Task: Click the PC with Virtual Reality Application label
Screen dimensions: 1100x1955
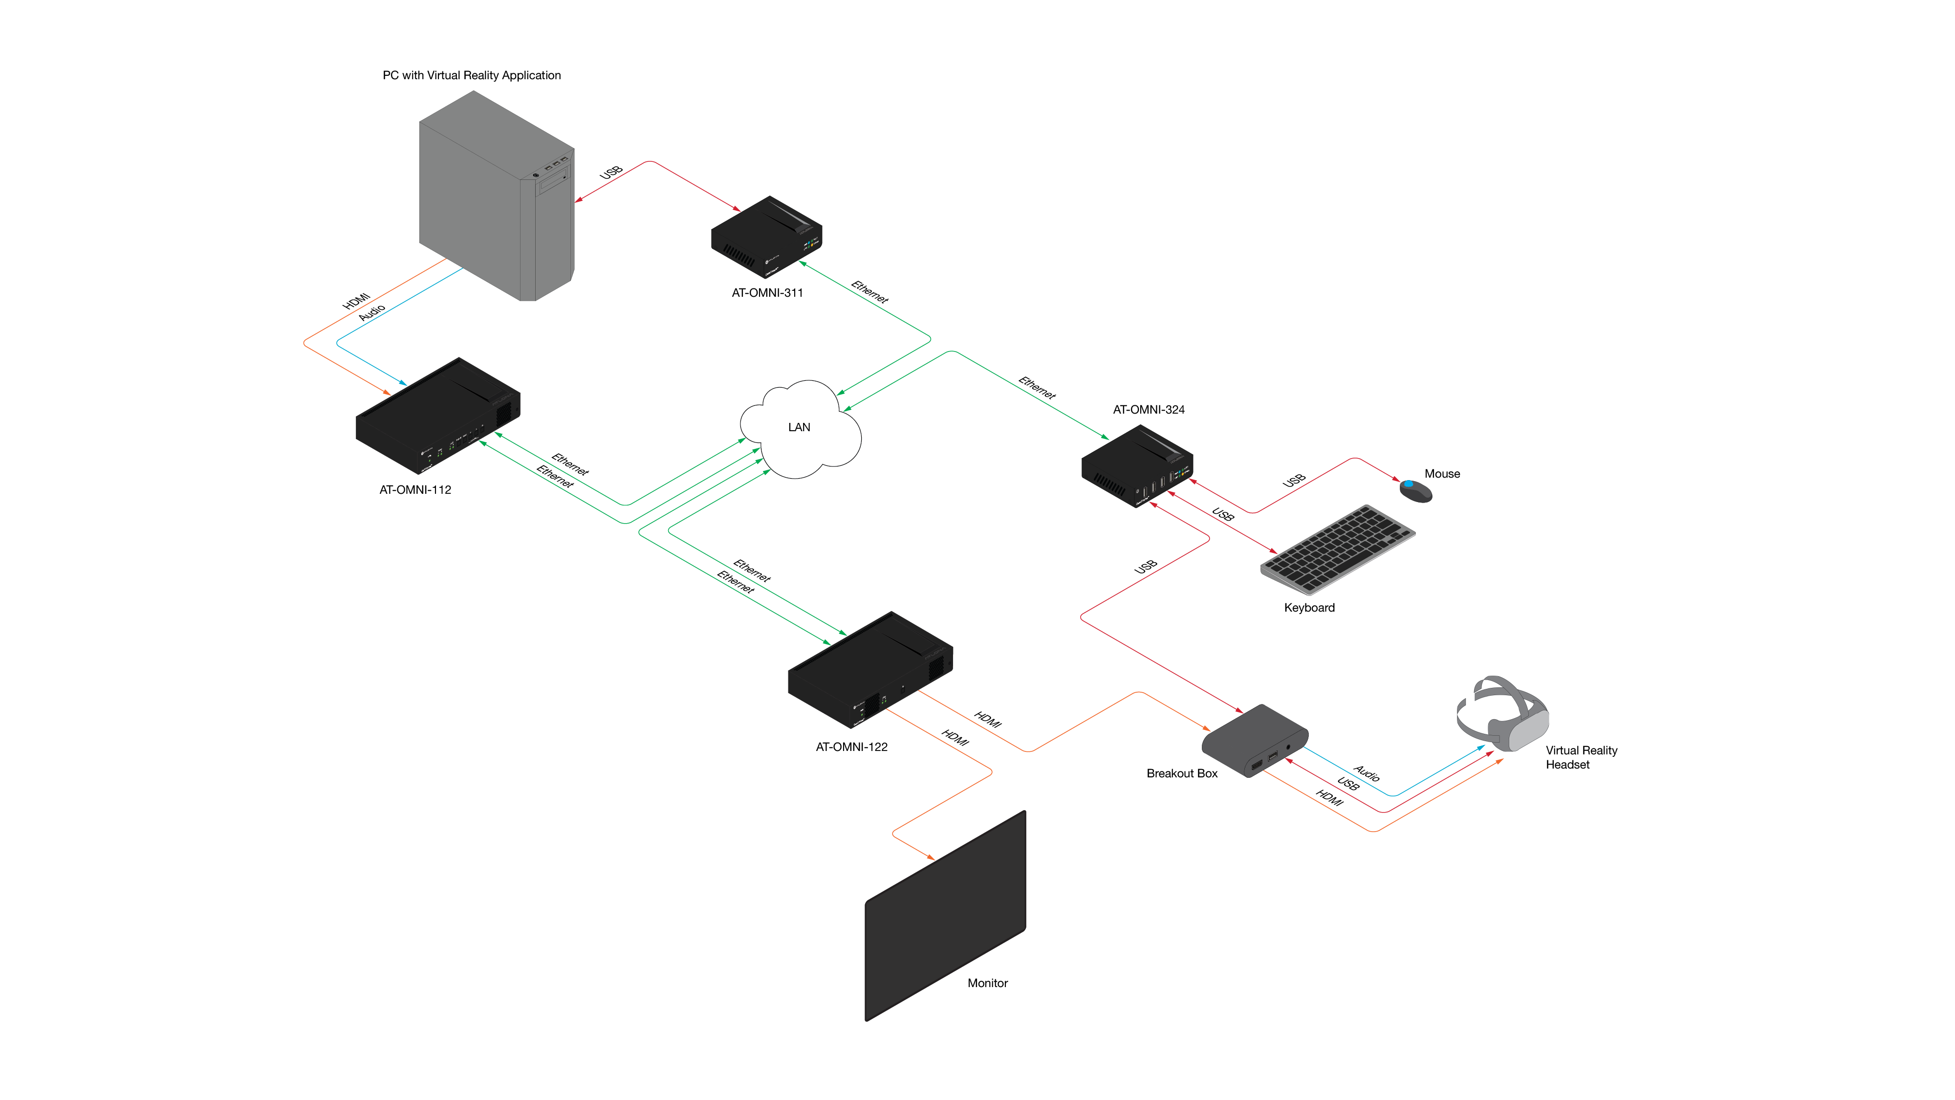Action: [x=471, y=75]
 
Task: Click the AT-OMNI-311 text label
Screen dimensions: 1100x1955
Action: [x=766, y=293]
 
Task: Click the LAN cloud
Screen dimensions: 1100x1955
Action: [x=800, y=428]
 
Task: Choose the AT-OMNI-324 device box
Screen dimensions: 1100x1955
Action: [x=1136, y=466]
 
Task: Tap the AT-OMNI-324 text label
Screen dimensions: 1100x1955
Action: [x=1148, y=410]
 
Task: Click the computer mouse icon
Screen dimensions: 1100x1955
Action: [x=1415, y=490]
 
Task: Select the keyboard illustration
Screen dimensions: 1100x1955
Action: [x=1337, y=548]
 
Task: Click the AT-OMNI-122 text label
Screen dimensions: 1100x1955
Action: [x=851, y=747]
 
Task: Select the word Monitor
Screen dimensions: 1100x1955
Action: [x=987, y=983]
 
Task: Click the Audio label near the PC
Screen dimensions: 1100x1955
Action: [x=372, y=312]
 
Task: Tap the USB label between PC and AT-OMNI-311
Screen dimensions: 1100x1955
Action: [x=611, y=172]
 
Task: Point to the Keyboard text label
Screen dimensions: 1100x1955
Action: [x=1308, y=608]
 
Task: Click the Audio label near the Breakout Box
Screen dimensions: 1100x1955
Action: [x=1366, y=773]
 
